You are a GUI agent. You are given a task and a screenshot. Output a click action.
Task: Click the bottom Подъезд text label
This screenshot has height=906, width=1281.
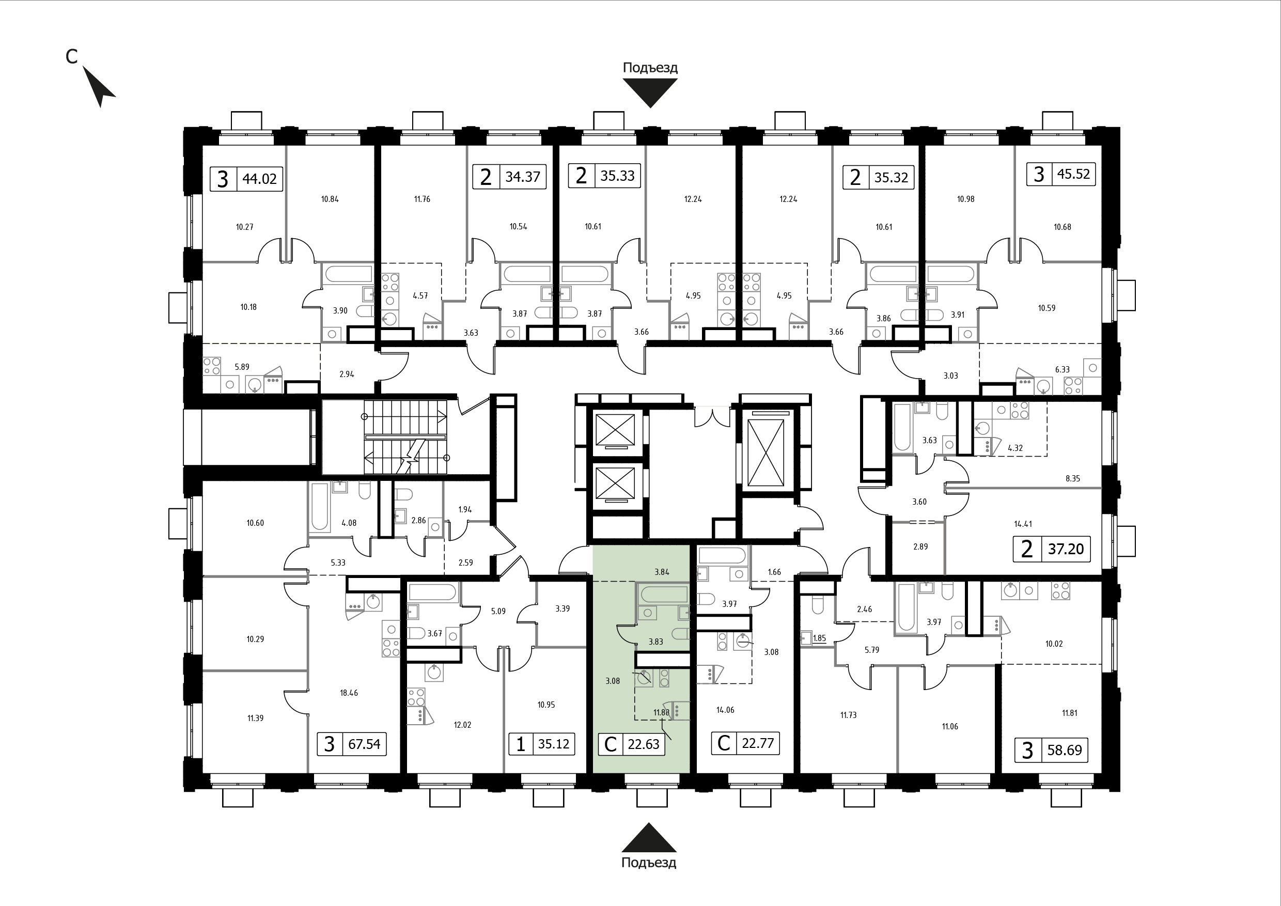(649, 863)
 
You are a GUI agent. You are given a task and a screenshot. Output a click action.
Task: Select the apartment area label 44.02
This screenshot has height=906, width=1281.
(259, 180)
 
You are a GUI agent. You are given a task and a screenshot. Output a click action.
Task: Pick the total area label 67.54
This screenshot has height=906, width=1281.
(364, 744)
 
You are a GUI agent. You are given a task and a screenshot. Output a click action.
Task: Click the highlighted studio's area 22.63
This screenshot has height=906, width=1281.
(644, 744)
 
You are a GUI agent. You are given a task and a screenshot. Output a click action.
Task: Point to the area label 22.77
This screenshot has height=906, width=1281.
(758, 743)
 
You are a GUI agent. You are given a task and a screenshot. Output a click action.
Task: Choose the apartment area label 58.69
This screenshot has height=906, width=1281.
(1065, 750)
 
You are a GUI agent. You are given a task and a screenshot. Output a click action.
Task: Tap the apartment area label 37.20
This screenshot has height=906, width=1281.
(1066, 549)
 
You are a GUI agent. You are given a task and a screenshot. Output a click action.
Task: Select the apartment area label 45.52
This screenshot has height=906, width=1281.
(1073, 174)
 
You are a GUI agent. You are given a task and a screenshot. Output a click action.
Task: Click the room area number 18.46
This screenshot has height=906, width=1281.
(349, 693)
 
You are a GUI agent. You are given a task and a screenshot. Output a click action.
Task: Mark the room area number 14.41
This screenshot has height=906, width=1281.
(1023, 524)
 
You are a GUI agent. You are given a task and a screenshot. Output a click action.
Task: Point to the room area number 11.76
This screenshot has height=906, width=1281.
(422, 199)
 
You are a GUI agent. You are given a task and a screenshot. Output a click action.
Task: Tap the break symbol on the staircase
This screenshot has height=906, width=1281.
(410, 455)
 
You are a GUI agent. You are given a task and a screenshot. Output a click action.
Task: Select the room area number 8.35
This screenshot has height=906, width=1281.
(1072, 478)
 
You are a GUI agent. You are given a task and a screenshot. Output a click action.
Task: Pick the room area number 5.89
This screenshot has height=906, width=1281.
(242, 367)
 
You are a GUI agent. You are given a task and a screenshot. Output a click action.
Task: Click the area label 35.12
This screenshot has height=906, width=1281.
(553, 744)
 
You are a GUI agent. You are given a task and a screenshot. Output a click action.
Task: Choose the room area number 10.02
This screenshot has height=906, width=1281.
(1054, 644)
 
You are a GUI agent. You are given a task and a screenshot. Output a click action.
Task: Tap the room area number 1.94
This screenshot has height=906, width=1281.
(465, 509)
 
